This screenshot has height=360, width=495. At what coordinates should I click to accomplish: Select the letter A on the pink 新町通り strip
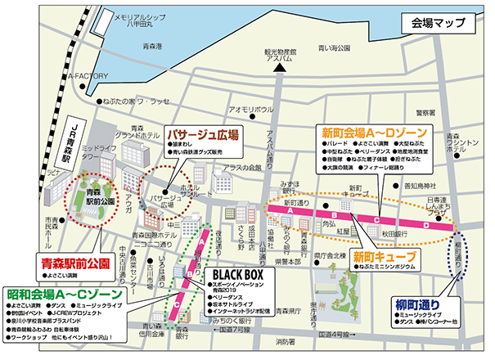point(290,211)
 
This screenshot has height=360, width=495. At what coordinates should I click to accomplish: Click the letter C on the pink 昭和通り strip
point(178,305)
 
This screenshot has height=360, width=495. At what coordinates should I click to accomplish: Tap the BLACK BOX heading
point(236,274)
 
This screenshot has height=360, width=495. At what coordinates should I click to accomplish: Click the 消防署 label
point(285,342)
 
